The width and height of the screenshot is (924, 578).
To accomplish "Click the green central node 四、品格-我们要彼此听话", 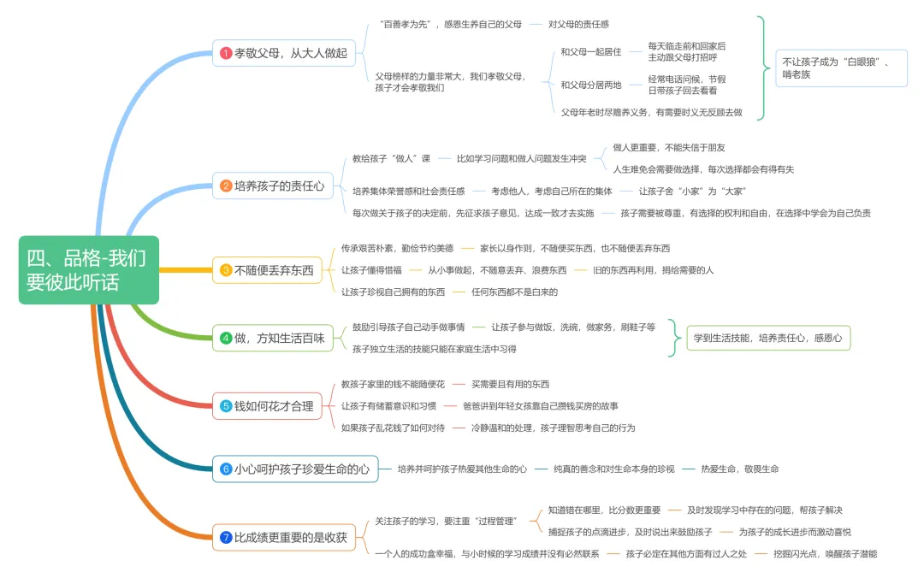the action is [89, 270].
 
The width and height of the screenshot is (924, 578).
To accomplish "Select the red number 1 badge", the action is [226, 53].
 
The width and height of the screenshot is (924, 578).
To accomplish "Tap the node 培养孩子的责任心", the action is [273, 186].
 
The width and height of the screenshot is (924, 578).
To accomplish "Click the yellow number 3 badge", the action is [226, 270].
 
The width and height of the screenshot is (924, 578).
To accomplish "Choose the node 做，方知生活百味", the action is [273, 339].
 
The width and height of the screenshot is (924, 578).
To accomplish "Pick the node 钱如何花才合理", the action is [268, 406].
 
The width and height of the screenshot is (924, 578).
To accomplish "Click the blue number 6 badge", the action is [226, 469].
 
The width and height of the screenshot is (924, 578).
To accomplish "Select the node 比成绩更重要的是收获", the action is [284, 537].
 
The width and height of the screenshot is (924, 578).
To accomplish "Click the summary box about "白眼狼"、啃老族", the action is [842, 68].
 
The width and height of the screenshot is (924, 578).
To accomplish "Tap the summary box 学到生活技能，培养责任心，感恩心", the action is [768, 339].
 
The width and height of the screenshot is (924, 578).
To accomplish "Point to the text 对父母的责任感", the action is [578, 24].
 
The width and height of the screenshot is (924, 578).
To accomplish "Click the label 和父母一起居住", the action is [591, 52].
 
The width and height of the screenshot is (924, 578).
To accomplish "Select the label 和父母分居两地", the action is [591, 85].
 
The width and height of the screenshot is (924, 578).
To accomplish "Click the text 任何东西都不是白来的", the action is [514, 292].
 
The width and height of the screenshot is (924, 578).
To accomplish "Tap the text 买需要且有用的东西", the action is [510, 384].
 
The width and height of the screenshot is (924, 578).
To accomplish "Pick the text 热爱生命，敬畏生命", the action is [740, 469].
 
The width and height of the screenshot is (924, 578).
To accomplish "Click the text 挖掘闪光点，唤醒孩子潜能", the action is [826, 554].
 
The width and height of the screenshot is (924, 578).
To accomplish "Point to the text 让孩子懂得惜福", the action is [371, 270].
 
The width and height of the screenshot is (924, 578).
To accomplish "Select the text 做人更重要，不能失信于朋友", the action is [669, 147].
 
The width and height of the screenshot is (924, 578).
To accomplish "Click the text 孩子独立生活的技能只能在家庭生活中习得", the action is [435, 349].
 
